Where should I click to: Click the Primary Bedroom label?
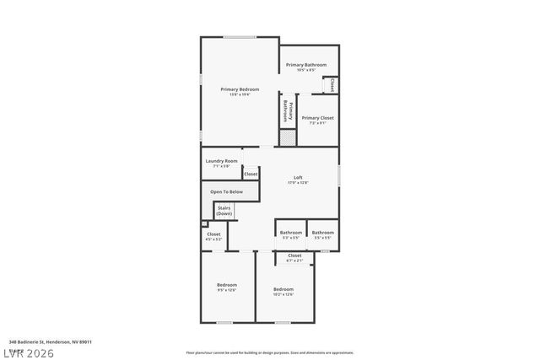[x=240, y=89]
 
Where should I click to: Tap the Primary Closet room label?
[x=317, y=118]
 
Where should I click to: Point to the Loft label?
[x=298, y=177]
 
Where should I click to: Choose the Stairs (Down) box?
[x=224, y=210]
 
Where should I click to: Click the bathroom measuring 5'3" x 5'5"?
[x=291, y=233]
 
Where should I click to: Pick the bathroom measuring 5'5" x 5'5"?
[x=322, y=233]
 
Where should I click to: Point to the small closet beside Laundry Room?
[x=251, y=174]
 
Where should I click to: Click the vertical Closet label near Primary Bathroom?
[x=332, y=85]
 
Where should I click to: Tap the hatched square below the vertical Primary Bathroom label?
[x=288, y=137]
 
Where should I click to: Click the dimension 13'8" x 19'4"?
[x=240, y=94]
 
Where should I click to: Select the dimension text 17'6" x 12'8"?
[x=298, y=182]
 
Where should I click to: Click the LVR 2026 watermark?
[x=30, y=352]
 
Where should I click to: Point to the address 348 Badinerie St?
[x=50, y=342]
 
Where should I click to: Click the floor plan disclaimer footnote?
[x=270, y=352]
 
